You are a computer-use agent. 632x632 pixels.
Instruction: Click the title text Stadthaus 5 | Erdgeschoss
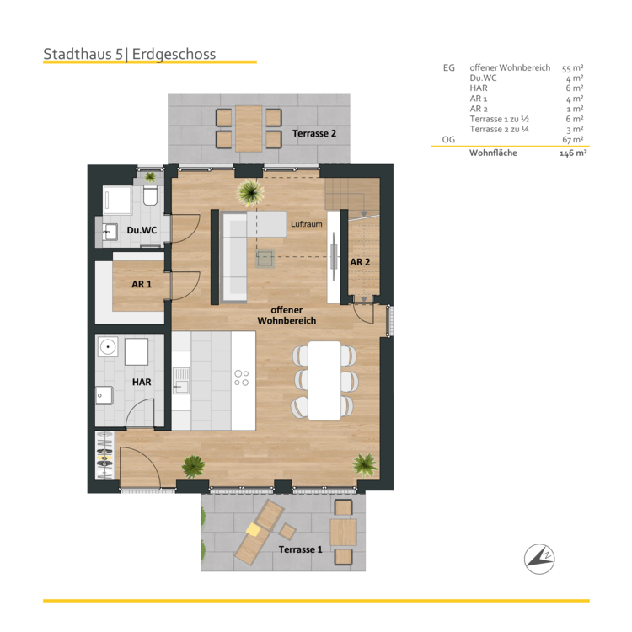[130, 55]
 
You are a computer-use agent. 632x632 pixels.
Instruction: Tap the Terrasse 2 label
[314, 134]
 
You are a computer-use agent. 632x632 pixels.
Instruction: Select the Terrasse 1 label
[301, 549]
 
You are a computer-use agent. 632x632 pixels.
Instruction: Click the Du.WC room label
[142, 230]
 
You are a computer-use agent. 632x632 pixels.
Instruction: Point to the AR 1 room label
[142, 285]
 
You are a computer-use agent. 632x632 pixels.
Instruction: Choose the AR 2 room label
[360, 262]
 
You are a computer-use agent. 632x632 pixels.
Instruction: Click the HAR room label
[142, 382]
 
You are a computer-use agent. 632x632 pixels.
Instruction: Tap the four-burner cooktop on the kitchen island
[241, 378]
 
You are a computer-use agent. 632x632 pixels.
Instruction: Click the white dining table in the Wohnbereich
[324, 378]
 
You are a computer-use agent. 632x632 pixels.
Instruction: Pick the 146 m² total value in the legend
[573, 154]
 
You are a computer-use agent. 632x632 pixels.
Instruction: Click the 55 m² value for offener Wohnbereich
[573, 67]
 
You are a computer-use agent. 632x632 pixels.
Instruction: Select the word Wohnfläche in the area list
[494, 153]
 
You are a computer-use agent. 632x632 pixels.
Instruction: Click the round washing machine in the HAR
[108, 346]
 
